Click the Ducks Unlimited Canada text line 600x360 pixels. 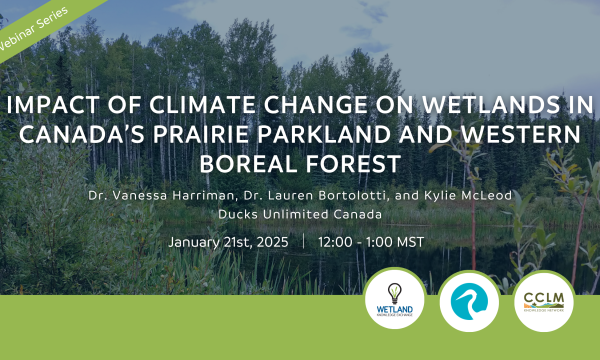pos(299,213)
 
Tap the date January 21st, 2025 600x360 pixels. pos(228,243)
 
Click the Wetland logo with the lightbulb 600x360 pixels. pos(392,298)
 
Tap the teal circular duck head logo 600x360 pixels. pos(468,298)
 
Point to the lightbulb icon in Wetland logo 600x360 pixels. pos(392,289)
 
